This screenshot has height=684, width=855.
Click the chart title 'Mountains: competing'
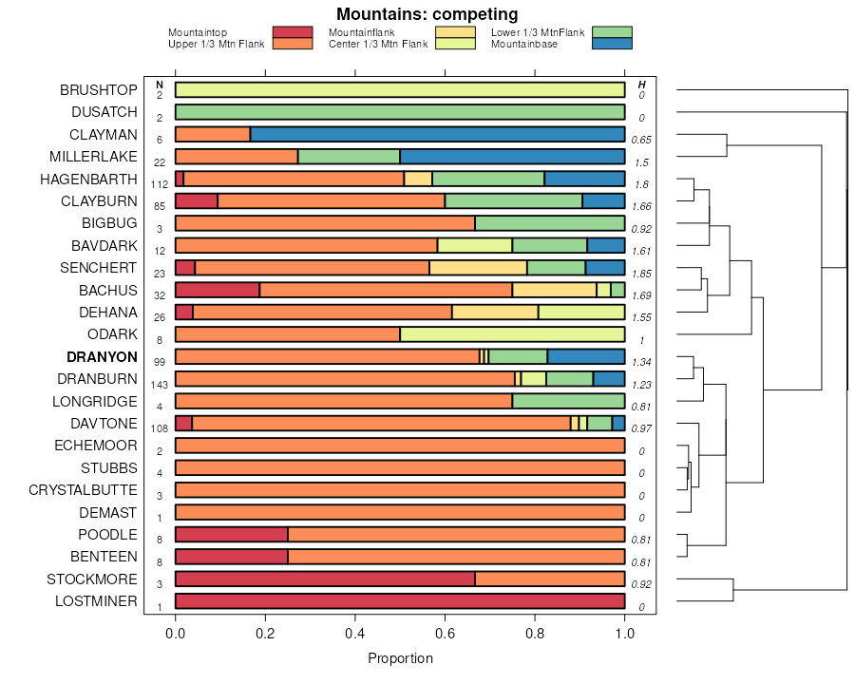[427, 14]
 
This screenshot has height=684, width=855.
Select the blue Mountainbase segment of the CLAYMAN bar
[437, 134]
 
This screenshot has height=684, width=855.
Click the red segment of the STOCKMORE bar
[325, 579]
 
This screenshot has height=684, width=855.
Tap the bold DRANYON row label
[102, 357]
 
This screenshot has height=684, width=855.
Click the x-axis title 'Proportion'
[400, 658]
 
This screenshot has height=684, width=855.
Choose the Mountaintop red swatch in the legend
[293, 32]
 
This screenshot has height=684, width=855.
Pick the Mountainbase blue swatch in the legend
[611, 44]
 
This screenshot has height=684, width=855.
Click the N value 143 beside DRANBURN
[160, 385]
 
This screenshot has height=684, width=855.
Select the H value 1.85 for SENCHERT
[642, 274]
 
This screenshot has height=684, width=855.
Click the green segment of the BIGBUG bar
[549, 223]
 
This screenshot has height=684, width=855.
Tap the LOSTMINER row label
[96, 601]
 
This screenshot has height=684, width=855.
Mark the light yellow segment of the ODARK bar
[512, 334]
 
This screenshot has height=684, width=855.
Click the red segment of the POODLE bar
[231, 534]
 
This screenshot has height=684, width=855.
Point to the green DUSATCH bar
[400, 112]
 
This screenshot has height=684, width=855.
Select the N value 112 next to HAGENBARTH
[160, 185]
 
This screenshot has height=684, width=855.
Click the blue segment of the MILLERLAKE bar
[512, 157]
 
